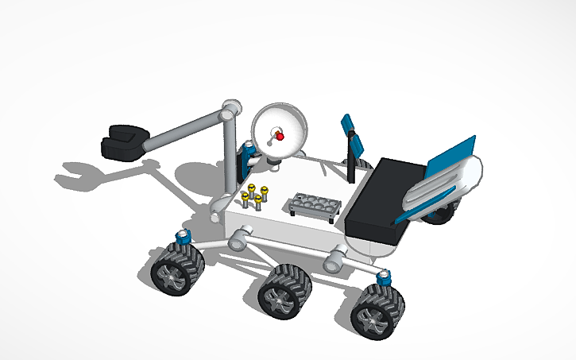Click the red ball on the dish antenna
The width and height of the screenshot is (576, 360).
click(280, 137)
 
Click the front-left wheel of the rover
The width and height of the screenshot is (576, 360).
click(176, 268)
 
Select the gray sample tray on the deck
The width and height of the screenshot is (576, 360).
click(315, 203)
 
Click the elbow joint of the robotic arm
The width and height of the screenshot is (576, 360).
click(231, 109)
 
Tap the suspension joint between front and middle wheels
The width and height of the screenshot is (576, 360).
click(239, 238)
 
